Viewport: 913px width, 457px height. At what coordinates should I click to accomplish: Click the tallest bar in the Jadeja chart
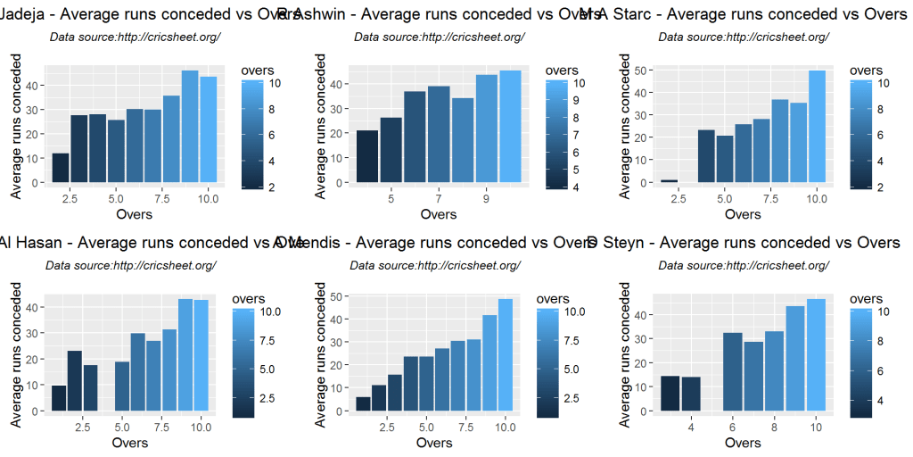(x=190, y=126)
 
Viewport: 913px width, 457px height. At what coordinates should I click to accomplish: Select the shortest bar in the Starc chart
(x=669, y=180)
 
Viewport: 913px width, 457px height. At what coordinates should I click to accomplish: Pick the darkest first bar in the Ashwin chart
(x=367, y=156)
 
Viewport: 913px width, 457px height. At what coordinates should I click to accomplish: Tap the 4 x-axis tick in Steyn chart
(x=691, y=427)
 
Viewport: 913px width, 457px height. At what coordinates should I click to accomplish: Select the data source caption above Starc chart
(x=744, y=37)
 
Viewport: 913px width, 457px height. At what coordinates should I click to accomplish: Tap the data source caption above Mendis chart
(x=435, y=265)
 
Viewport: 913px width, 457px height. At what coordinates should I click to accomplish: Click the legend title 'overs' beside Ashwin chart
(x=562, y=70)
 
